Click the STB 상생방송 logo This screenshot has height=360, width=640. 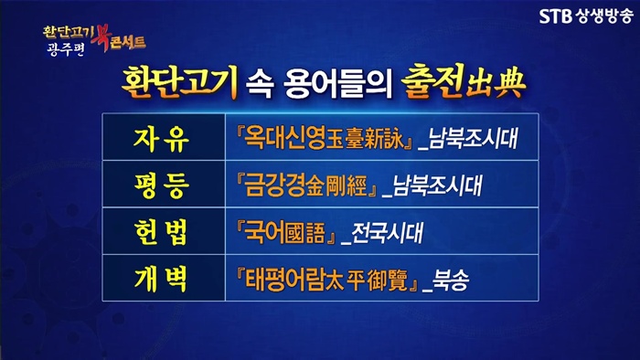click(x=586, y=16)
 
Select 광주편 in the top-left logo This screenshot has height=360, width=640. click(x=65, y=49)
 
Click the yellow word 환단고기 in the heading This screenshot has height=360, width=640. click(x=179, y=81)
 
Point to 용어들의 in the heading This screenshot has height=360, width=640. click(x=338, y=84)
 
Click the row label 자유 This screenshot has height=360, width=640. click(x=162, y=139)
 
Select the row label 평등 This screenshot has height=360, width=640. click(x=162, y=185)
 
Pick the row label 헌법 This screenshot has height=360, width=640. click(x=162, y=233)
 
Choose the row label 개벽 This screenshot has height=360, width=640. click(x=162, y=280)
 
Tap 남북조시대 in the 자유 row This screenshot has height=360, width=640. click(x=473, y=139)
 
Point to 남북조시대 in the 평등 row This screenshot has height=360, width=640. click(x=437, y=185)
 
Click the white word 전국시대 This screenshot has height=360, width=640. click(x=387, y=233)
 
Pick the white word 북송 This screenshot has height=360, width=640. click(x=450, y=281)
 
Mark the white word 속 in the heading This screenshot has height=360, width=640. click(x=259, y=84)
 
